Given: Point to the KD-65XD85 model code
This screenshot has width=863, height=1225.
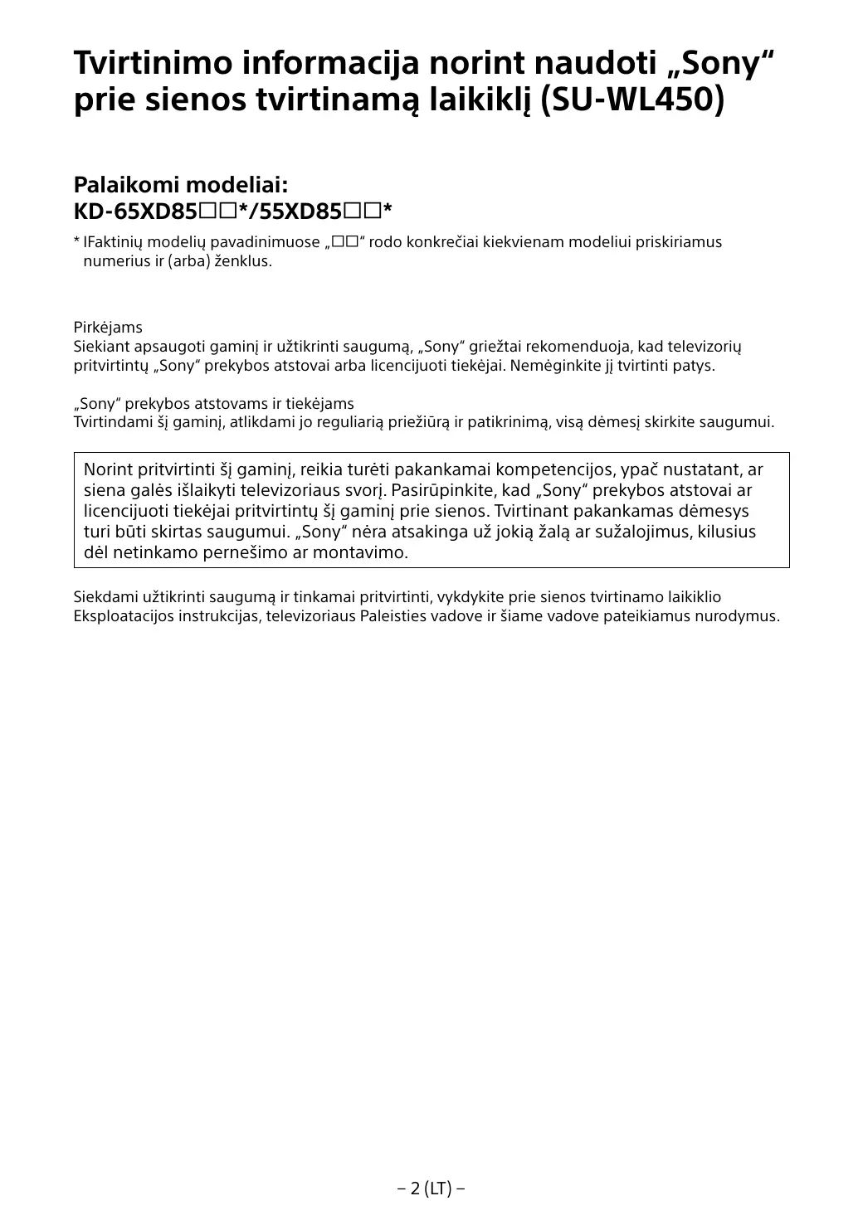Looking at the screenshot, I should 135,212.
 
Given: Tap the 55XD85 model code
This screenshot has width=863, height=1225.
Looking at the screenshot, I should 300,212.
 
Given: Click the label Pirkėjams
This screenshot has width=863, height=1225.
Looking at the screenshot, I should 108,328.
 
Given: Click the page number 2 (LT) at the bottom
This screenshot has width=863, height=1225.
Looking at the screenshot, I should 431,1189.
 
